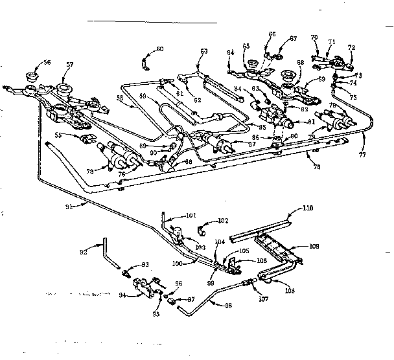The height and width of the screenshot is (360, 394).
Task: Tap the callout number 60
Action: click(160, 49)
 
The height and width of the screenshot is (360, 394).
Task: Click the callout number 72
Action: click(352, 48)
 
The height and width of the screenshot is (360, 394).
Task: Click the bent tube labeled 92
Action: click(110, 253)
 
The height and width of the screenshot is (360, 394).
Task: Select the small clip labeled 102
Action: click(202, 228)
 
